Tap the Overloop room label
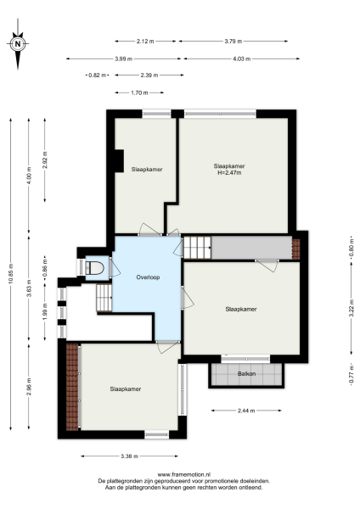click(x=148, y=277)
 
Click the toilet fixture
click(x=94, y=268)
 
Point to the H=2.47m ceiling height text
click(x=229, y=173)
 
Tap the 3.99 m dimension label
click(x=124, y=59)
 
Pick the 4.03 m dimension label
click(x=241, y=59)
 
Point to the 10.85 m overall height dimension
click(x=11, y=277)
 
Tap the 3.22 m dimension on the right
click(x=351, y=310)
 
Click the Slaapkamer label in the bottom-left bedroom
click(x=125, y=389)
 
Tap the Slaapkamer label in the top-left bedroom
click(x=147, y=170)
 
